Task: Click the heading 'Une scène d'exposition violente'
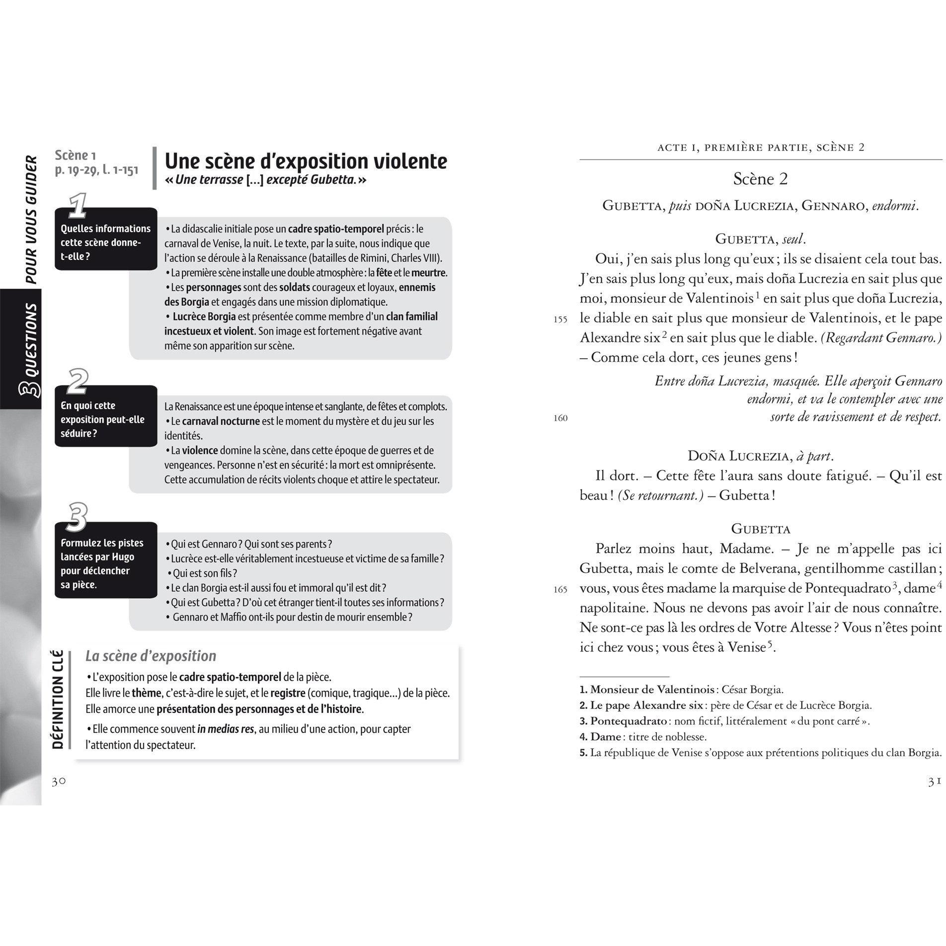[306, 161]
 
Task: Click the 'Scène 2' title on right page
[760, 179]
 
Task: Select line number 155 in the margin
[560, 320]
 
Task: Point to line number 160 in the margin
[560, 418]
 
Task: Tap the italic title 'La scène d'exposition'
[151, 656]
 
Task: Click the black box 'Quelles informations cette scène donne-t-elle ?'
[105, 242]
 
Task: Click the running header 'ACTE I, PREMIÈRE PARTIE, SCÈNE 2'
[760, 147]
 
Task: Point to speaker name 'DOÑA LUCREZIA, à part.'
[760, 456]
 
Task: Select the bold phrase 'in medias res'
[226, 729]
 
